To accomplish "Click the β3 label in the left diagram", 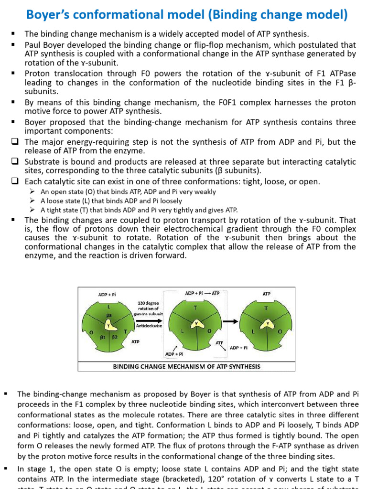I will click(x=109, y=315).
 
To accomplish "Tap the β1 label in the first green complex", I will click(x=102, y=337).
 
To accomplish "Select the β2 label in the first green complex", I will click(x=115, y=337).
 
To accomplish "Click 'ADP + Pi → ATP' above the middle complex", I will click(x=202, y=293).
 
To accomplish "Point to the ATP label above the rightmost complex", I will click(x=267, y=294).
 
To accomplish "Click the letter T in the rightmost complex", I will click(x=267, y=308).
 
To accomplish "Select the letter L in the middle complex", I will click(x=183, y=331).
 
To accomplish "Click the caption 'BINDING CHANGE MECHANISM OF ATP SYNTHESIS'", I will click(x=186, y=366).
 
